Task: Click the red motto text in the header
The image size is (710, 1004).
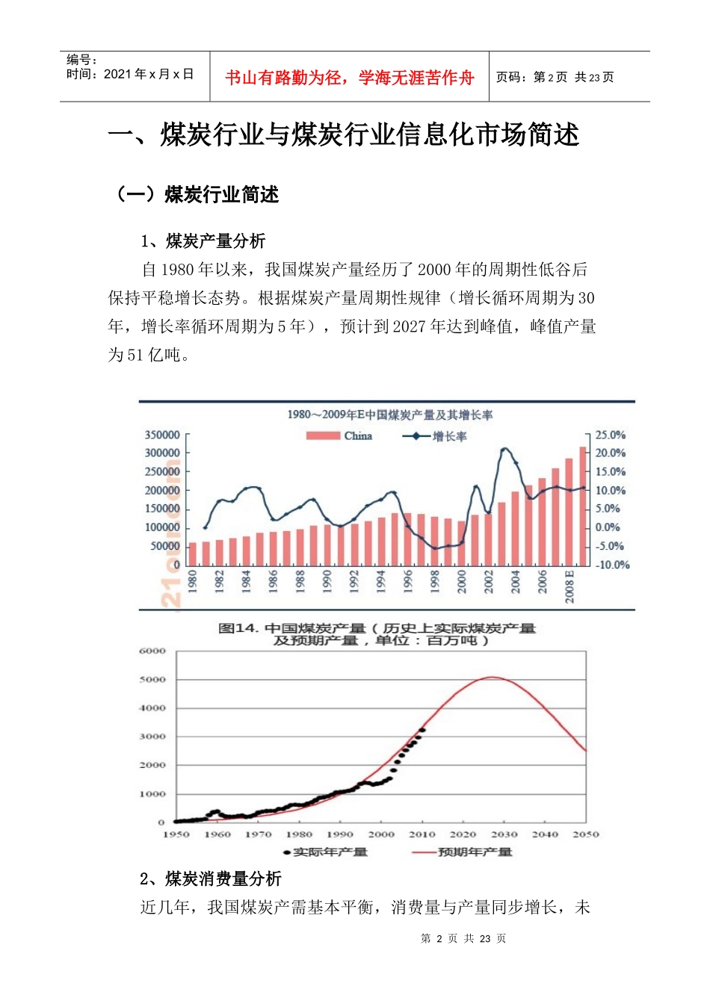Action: point(349,78)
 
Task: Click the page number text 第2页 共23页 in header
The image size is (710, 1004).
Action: point(555,78)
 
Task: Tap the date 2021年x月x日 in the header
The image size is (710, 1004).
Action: point(130,74)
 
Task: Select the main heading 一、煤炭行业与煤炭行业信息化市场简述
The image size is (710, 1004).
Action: point(344,135)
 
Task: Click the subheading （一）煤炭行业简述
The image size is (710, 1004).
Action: point(195,195)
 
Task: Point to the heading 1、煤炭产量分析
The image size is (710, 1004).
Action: point(203,241)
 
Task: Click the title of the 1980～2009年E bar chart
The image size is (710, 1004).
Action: point(389,415)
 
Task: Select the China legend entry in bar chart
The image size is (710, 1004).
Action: point(339,436)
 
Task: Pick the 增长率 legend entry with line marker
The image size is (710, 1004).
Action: point(435,436)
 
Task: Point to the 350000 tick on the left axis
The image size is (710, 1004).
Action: point(161,435)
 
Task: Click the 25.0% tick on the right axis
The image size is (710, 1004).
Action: point(610,435)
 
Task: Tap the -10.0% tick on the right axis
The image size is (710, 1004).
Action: point(611,565)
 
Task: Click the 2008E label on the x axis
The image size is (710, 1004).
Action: point(569,586)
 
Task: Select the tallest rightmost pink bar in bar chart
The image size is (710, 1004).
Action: point(583,506)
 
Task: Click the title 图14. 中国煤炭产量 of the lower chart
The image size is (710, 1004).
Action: point(377,634)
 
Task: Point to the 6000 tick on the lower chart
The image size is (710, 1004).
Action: point(152,651)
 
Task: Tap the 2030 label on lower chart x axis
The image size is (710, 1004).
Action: point(504,834)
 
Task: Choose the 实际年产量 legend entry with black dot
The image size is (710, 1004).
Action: point(326,852)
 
